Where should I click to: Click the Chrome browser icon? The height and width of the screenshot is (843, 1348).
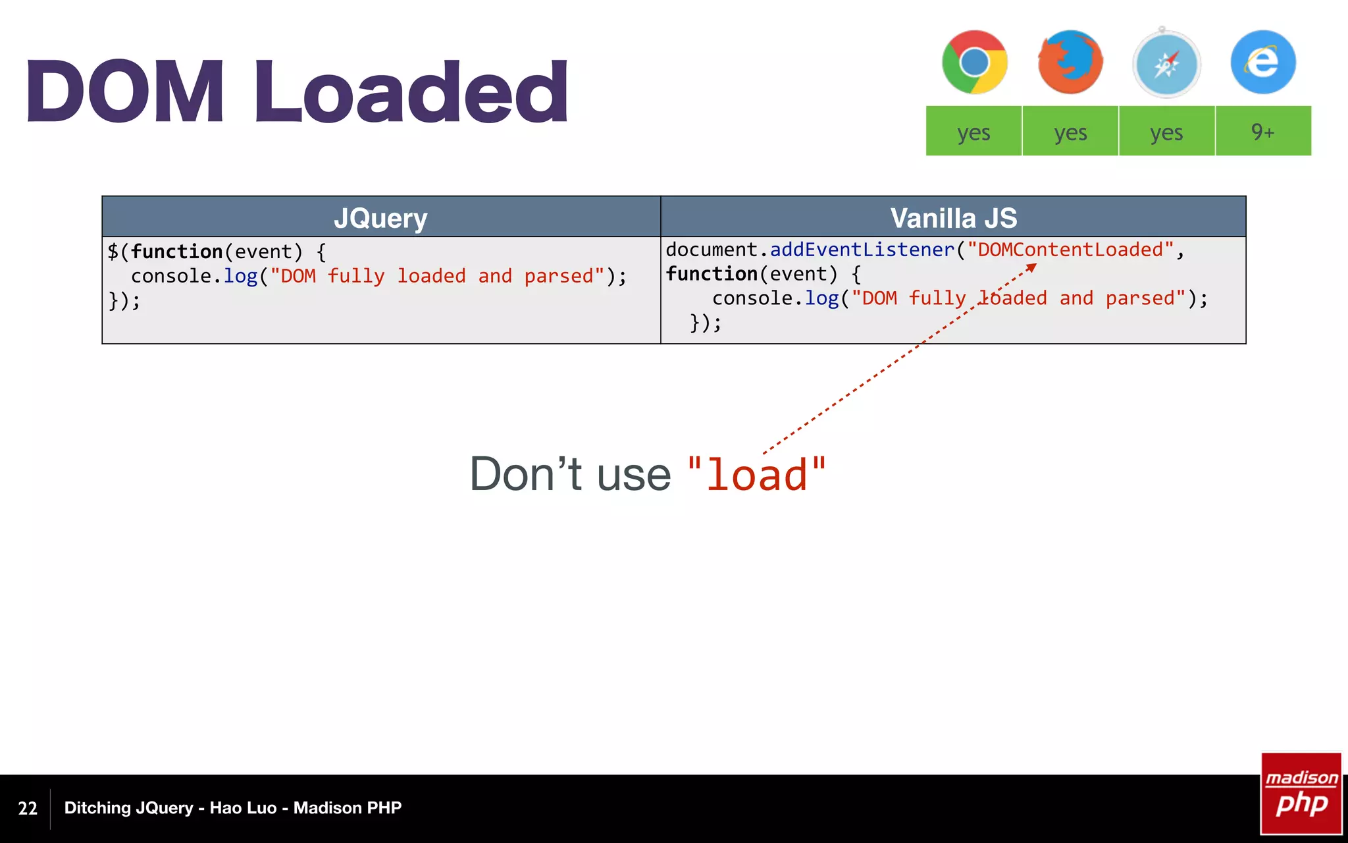pos(974,63)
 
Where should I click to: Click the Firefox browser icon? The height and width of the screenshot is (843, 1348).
pos(1070,63)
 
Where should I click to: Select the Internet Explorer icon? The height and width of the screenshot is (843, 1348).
pos(1263,63)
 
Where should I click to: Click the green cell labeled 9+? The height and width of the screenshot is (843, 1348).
pos(1263,132)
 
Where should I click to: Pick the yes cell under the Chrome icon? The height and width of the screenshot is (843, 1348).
pos(973,132)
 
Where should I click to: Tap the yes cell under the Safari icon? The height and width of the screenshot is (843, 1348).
pos(1166,132)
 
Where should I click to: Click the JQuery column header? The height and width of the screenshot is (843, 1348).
pos(381,217)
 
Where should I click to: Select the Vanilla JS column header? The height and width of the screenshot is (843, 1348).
pos(953,217)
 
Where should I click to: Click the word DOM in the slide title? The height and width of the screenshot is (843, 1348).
pos(125,92)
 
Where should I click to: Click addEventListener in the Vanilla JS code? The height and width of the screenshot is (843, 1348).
pos(862,250)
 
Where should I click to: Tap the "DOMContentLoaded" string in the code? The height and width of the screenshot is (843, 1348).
pos(1070,250)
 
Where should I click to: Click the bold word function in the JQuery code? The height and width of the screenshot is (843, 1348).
pos(176,252)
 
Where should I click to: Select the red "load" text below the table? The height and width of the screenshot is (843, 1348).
pos(756,474)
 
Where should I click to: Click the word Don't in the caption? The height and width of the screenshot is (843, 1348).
pos(525,474)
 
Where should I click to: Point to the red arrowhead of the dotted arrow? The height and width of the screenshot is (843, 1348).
pos(1032,267)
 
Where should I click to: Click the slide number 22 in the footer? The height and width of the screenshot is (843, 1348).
pos(28,808)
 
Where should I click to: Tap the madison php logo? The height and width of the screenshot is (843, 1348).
pos(1301,794)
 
